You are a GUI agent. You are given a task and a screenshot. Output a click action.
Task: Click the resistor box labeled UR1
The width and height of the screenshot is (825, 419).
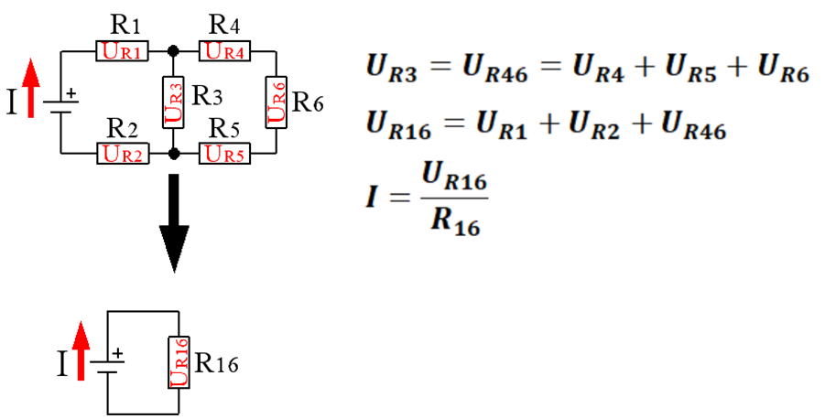pos(122,51)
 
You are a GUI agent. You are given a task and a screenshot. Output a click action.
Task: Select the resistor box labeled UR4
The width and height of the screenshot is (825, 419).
pos(224,51)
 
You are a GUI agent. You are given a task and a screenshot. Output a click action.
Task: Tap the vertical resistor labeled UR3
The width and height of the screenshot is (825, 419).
pos(173,102)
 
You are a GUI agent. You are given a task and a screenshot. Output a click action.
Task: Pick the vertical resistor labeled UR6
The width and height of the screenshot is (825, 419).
pos(277,102)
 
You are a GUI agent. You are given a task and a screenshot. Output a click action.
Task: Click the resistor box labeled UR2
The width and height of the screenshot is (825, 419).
pos(123,154)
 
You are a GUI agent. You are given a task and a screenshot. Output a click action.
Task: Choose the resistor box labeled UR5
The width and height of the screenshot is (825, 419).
pos(224,154)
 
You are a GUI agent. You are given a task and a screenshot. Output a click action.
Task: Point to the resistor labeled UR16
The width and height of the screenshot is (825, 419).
pos(179,362)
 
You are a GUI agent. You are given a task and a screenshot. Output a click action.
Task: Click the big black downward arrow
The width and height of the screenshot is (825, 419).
pos(174,223)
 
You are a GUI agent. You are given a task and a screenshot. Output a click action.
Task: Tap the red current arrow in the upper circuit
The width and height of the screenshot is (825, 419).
pos(31,88)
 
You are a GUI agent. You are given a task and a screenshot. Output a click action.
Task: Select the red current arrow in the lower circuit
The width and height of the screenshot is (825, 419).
pos(81,350)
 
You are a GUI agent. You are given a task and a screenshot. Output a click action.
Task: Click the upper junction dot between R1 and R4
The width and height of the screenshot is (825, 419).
pos(173,51)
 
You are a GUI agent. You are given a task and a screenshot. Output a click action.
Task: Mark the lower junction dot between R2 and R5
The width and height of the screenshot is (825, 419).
pos(174,154)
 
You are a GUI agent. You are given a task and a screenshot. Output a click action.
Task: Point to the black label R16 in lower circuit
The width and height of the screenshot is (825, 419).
pos(216,363)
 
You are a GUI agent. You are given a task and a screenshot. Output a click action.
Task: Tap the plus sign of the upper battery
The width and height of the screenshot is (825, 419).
pos(71,93)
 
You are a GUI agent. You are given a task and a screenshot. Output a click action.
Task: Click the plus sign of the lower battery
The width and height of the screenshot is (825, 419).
pos(118,353)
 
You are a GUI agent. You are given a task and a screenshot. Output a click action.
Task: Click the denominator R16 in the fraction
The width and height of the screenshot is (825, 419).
pos(455,222)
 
